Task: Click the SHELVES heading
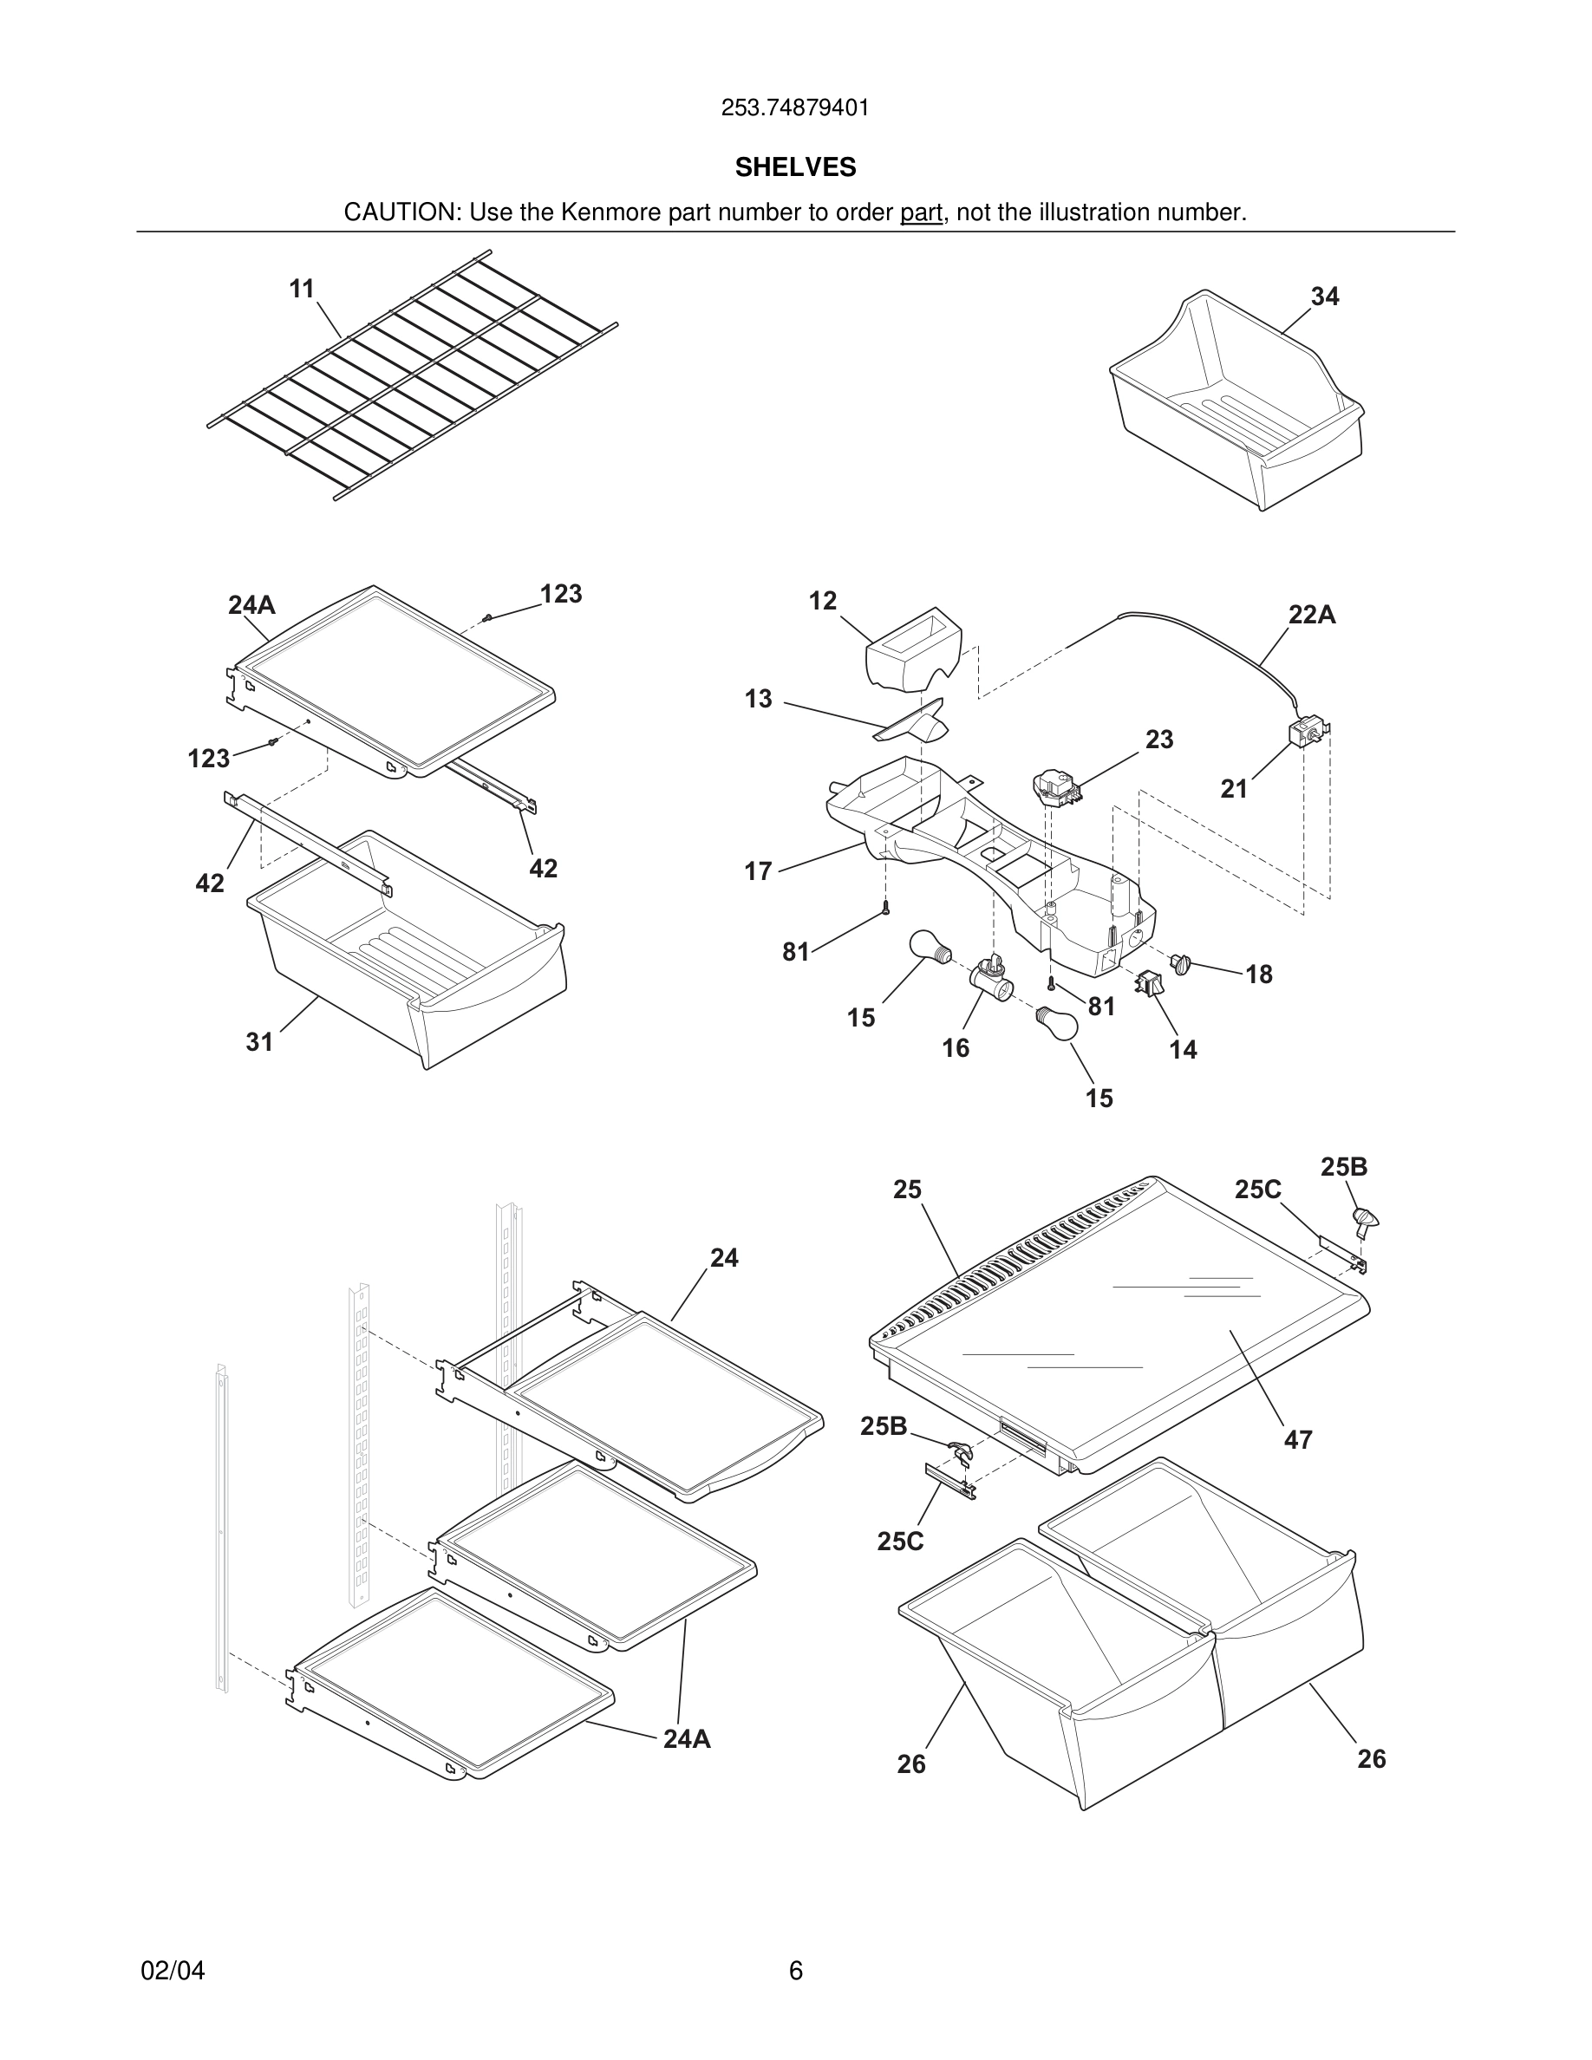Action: [795, 167]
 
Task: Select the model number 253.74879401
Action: [795, 108]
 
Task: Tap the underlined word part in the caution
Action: [921, 212]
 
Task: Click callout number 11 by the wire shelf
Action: [302, 289]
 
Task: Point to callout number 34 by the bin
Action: [1324, 297]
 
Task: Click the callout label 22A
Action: [1312, 615]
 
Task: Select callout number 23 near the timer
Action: [1159, 740]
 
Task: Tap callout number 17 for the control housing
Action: [758, 870]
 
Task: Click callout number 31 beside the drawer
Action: [259, 1041]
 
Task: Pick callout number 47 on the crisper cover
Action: [1298, 1439]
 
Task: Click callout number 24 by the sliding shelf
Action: [724, 1257]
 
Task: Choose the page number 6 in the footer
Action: [795, 1971]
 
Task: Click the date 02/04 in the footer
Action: [173, 1971]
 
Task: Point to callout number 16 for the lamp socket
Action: [956, 1048]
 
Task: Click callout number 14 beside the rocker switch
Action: [1183, 1049]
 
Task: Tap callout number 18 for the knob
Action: [1259, 975]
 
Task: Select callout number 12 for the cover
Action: [822, 601]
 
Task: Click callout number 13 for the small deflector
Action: [758, 699]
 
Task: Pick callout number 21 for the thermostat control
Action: [1234, 788]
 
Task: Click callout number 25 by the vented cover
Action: [907, 1190]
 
